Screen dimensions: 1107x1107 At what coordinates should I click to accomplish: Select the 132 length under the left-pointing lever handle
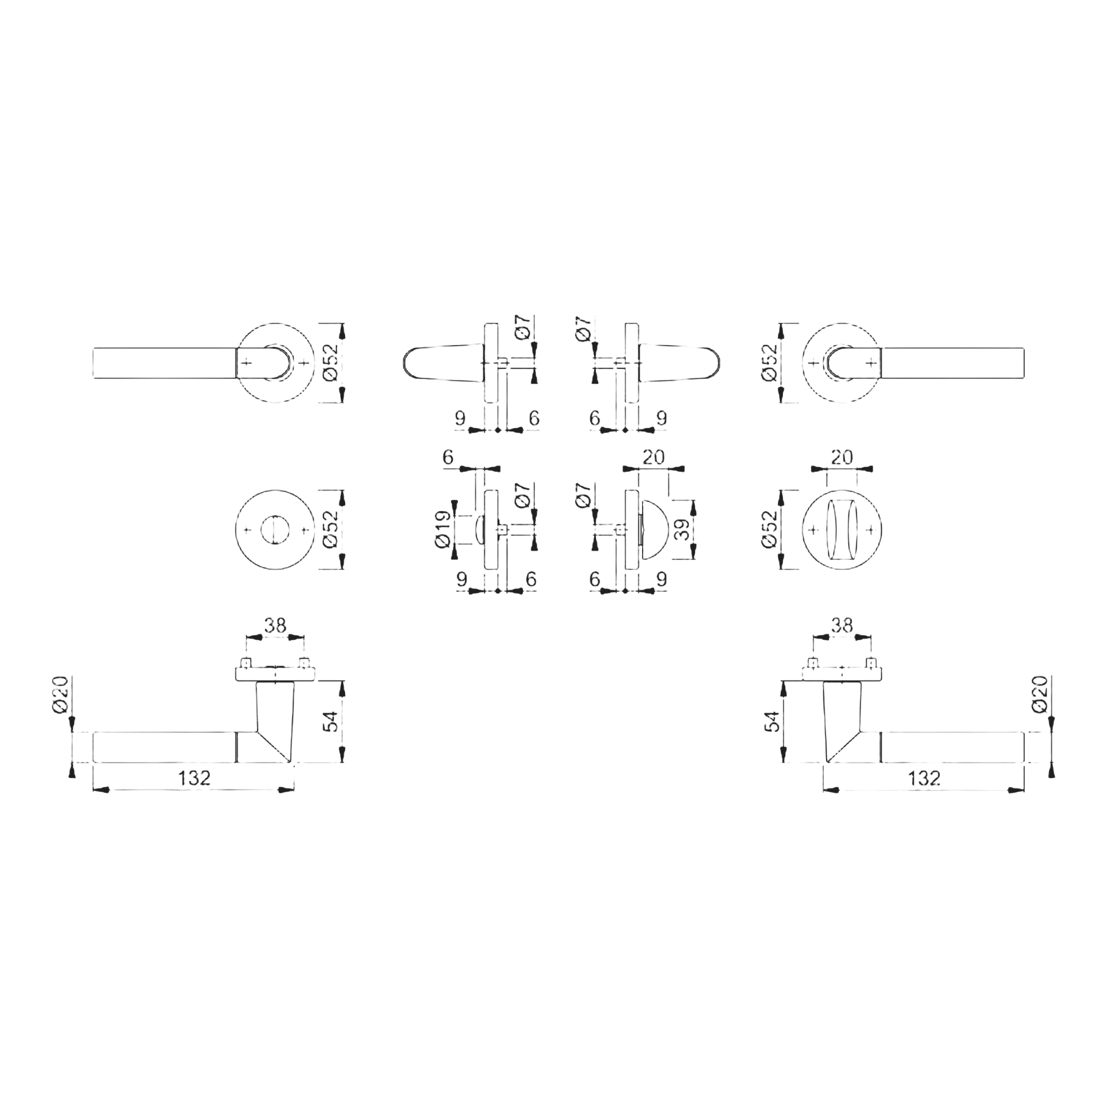tap(194, 778)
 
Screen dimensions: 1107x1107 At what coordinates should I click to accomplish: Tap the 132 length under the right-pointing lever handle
tap(924, 778)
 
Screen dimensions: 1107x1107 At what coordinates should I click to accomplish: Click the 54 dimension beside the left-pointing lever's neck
tap(330, 721)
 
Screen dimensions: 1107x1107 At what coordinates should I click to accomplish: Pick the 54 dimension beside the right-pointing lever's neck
tap(772, 721)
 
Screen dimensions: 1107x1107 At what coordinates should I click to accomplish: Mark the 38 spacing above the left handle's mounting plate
tap(275, 625)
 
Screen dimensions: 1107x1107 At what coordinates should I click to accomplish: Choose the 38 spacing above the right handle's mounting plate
tap(842, 625)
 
